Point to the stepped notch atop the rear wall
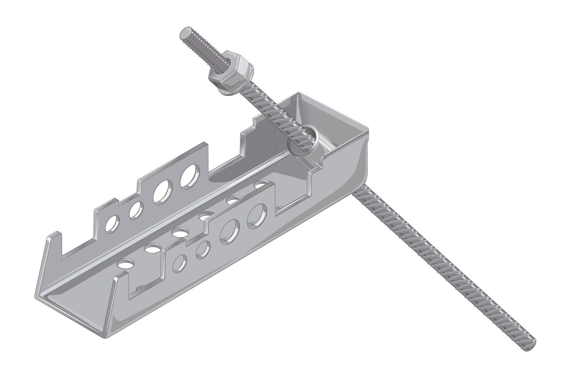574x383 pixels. pyautogui.click(x=248, y=130)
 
